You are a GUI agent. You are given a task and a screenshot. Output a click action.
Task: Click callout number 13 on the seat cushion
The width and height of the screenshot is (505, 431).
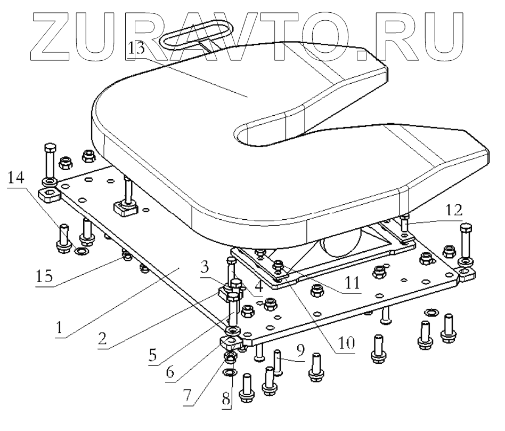coord(136,50)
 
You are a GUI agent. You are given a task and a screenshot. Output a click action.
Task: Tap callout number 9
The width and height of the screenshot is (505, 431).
coord(301,352)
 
